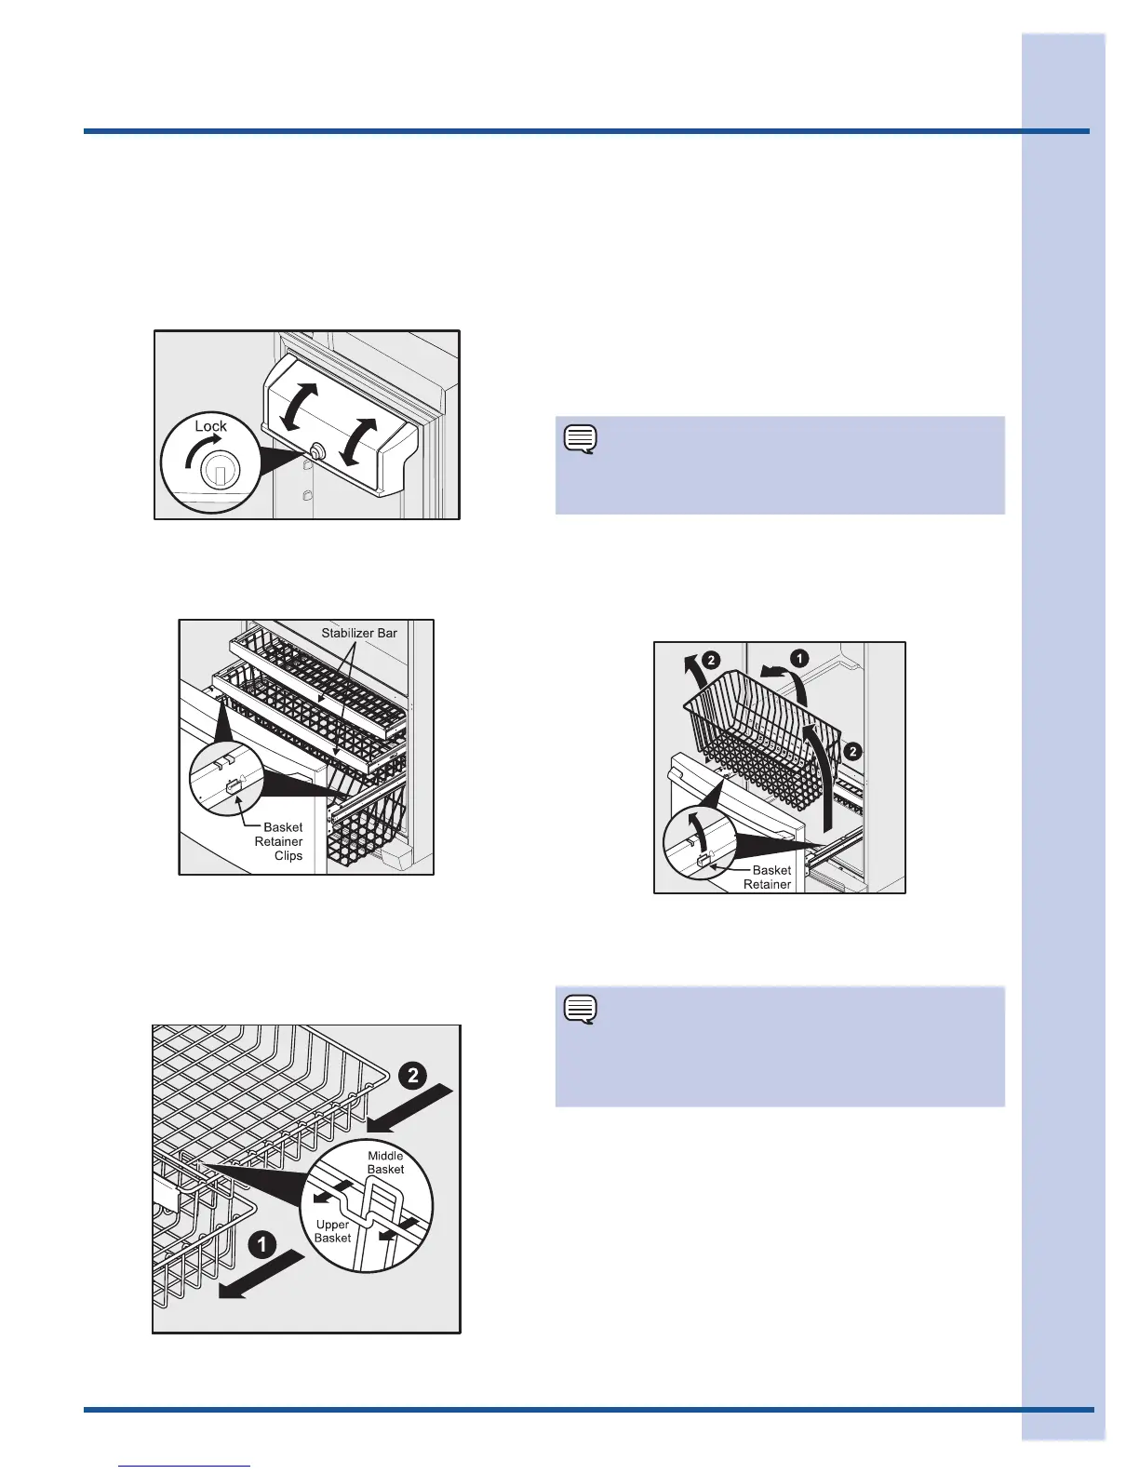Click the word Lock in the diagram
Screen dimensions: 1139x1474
pos(210,426)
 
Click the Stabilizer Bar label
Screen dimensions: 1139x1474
pos(359,633)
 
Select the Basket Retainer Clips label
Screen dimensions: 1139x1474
pos(278,841)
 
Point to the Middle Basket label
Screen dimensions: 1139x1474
pos(385,1162)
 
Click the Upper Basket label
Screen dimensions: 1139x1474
pos(332,1231)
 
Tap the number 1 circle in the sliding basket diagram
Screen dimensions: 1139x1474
pos(261,1245)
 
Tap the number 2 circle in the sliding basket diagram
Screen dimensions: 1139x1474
pos(412,1075)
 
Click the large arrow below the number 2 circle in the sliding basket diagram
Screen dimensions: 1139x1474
pos(409,1109)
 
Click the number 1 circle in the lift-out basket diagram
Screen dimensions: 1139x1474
pos(799,658)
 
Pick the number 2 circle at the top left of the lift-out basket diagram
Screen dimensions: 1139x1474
pos(710,660)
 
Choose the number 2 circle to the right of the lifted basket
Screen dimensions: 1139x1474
pos(852,752)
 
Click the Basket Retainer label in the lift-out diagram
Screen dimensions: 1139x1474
pos(768,878)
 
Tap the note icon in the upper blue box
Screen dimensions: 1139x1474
pos(580,439)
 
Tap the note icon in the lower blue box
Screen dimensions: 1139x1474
pos(580,1010)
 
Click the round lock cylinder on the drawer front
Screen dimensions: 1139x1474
pos(316,450)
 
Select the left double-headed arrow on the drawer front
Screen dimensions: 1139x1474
pos(299,407)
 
